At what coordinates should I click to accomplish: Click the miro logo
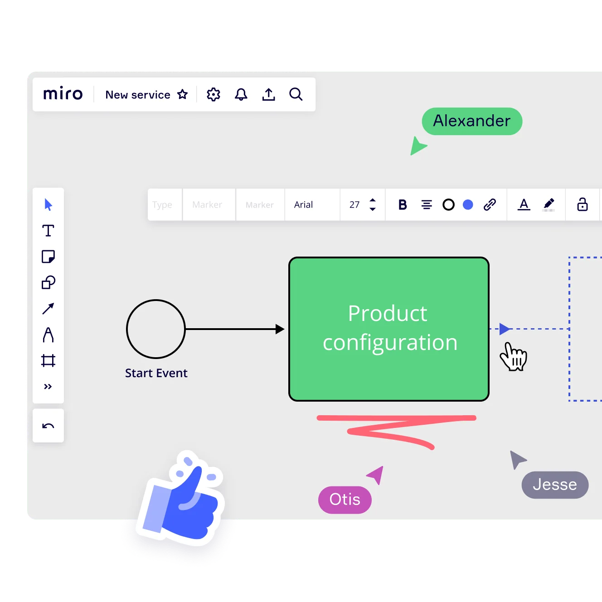(63, 94)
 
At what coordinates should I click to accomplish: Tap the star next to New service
(182, 94)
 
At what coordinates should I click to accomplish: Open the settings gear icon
(214, 94)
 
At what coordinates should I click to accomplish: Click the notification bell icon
(241, 94)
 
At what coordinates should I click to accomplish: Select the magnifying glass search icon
(296, 94)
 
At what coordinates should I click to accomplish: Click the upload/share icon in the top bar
(268, 94)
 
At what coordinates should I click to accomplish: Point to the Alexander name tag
(471, 121)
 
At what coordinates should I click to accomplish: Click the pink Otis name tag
(345, 500)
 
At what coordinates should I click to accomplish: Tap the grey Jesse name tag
(554, 485)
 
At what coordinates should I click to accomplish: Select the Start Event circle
(156, 329)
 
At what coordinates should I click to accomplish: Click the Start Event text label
(156, 373)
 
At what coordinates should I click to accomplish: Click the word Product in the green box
(388, 313)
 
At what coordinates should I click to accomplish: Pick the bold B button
(403, 205)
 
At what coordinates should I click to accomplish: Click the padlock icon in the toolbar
(582, 204)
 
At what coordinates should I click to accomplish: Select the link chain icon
(490, 205)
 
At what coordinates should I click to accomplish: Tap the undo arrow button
(48, 426)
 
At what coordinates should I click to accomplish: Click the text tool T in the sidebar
(48, 231)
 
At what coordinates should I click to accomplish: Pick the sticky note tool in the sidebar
(48, 257)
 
